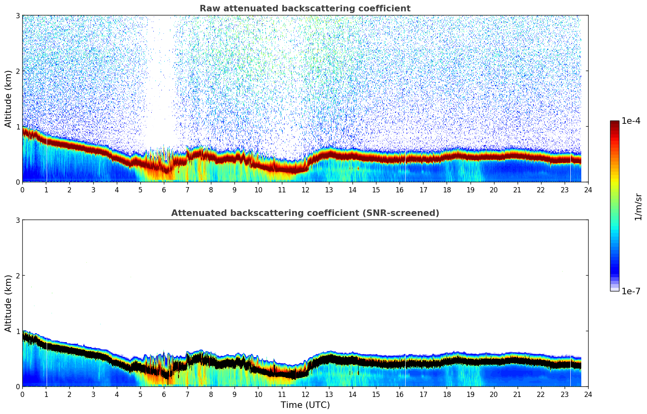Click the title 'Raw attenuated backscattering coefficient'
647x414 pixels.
coord(305,9)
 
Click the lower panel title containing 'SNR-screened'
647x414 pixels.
coord(305,213)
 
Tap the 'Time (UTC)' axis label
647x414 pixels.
coord(305,405)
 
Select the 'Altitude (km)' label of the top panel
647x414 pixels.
coord(8,99)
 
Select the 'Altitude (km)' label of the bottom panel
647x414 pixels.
coord(8,303)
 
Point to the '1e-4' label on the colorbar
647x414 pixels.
coord(631,121)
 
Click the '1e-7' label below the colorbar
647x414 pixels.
coord(631,291)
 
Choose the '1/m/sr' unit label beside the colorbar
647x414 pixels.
coord(638,207)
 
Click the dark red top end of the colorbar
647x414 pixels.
coord(615,123)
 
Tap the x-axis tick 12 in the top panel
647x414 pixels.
coord(305,190)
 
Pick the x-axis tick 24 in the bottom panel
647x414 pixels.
coord(588,394)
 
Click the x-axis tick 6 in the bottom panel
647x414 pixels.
coord(164,394)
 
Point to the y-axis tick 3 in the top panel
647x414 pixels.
coord(18,15)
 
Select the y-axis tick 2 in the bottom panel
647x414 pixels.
coord(18,276)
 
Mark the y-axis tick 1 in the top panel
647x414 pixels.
coord(18,127)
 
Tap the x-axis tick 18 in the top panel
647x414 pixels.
coord(447,190)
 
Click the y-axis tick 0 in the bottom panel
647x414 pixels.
coord(18,386)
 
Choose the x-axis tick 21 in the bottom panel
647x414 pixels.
coord(517,394)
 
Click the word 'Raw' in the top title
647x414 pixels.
coord(208,9)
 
